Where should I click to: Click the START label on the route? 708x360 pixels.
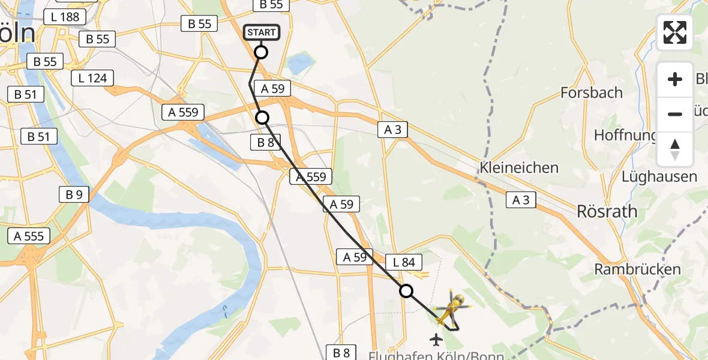[x=261, y=32]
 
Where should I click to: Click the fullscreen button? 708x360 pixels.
[x=675, y=32]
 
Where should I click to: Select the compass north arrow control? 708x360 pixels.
[x=675, y=149]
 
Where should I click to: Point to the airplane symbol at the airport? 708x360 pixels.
[x=436, y=340]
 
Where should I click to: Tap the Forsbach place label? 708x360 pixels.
[x=591, y=92]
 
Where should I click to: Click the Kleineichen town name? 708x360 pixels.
[x=519, y=167]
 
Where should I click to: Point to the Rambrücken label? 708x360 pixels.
[x=637, y=269]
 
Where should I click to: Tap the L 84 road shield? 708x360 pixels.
[x=404, y=262]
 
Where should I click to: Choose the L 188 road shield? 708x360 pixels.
[x=65, y=17]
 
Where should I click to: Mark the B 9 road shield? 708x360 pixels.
[x=74, y=194]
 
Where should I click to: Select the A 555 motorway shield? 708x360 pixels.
[x=29, y=236]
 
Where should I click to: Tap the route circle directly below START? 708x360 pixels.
[x=261, y=52]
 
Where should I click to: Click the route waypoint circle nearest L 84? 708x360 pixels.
[x=406, y=291]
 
